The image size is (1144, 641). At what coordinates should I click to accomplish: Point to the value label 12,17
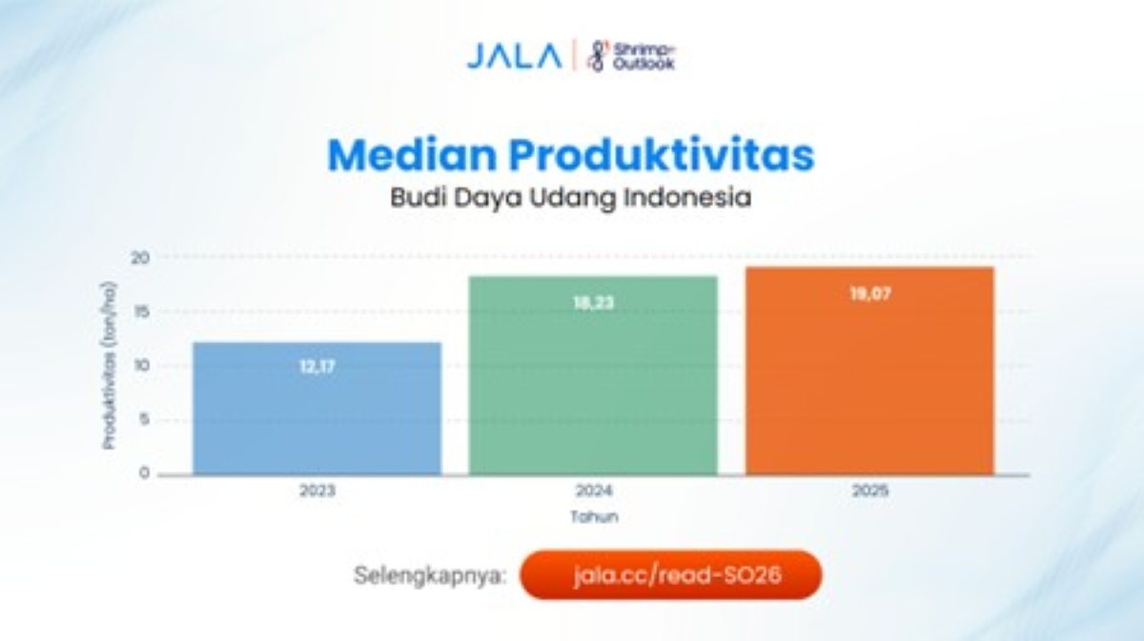(317, 365)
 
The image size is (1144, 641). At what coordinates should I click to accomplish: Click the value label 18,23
(593, 304)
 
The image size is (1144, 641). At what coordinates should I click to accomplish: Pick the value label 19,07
(869, 294)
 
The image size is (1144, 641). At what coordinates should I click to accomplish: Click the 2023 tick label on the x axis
(317, 491)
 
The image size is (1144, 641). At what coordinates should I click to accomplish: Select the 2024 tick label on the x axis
(593, 491)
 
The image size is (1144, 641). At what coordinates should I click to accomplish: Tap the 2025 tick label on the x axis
(869, 491)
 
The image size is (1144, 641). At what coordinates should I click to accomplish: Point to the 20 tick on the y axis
(140, 257)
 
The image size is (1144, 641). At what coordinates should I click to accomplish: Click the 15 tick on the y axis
(140, 311)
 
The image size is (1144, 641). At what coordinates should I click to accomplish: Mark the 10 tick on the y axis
(140, 366)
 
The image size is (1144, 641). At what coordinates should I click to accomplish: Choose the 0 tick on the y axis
(144, 473)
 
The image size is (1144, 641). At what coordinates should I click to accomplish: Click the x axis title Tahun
(594, 517)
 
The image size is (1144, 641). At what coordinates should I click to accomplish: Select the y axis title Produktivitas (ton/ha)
(110, 366)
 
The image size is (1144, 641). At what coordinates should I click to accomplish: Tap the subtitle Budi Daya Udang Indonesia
(571, 198)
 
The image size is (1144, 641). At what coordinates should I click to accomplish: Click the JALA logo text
(514, 55)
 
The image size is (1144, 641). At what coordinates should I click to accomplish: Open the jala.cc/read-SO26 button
(671, 575)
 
